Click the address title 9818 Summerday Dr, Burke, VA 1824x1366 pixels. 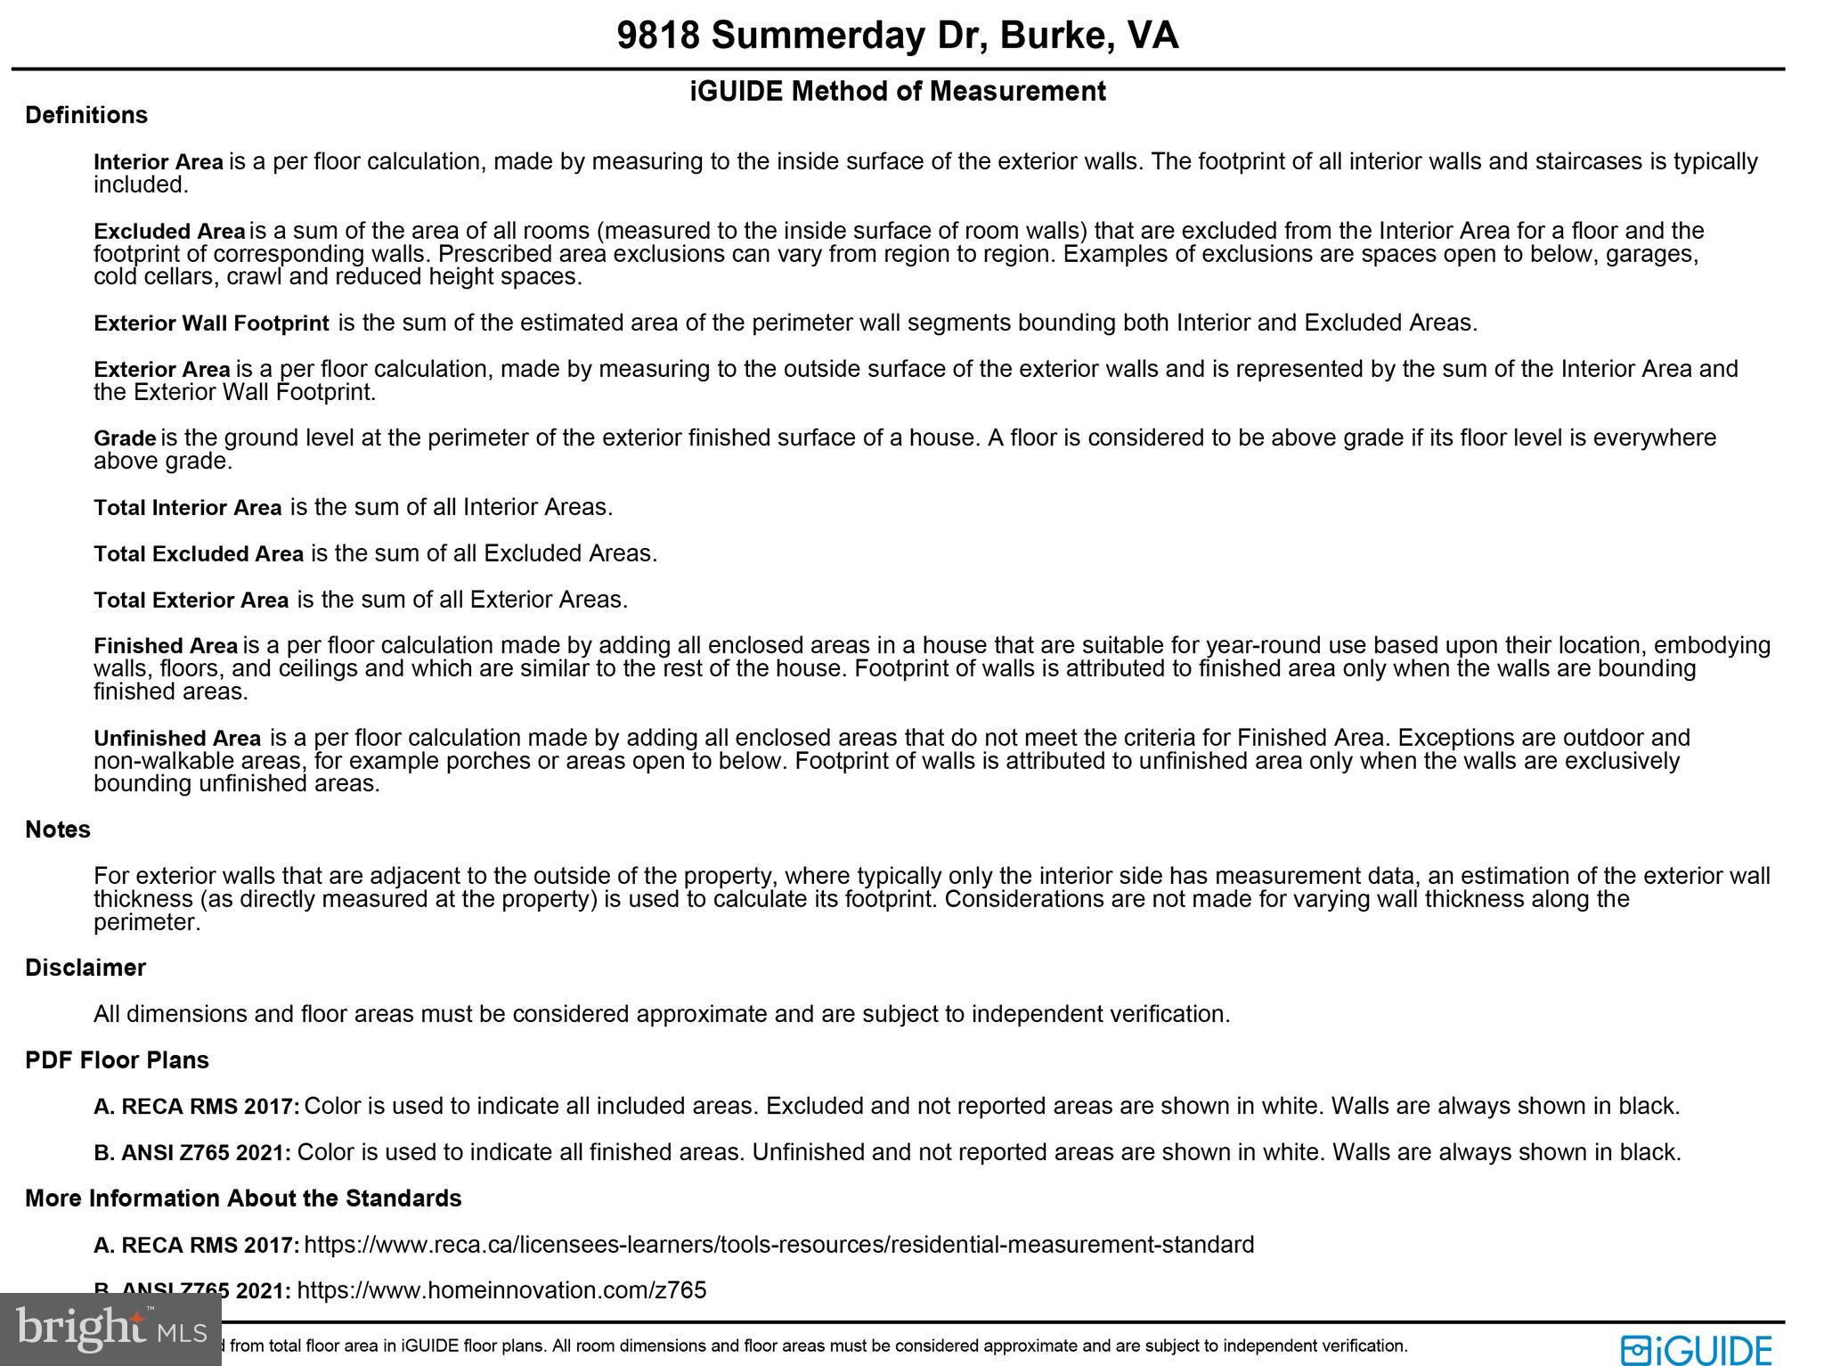pos(897,36)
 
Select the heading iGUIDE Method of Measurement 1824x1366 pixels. pos(898,91)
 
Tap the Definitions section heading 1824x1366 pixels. pos(86,115)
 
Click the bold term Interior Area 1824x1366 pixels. pos(159,162)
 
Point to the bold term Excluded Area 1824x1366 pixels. pos(169,232)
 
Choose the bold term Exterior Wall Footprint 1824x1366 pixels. pos(211,323)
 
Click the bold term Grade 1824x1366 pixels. pos(125,438)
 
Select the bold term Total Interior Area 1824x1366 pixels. pos(187,508)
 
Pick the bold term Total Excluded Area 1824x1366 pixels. pos(199,554)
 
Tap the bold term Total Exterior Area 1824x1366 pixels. pos(191,601)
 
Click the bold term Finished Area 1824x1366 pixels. pos(166,646)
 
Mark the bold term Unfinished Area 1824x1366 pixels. pos(177,739)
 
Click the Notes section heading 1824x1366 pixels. pos(58,830)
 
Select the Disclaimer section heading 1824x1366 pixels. pos(85,968)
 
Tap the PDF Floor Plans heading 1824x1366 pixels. pos(117,1060)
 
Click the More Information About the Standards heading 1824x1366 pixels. pos(243,1198)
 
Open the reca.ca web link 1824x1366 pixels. pos(778,1245)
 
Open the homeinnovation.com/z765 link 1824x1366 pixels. pos(501,1290)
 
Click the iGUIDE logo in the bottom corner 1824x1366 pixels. pos(1696,1350)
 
